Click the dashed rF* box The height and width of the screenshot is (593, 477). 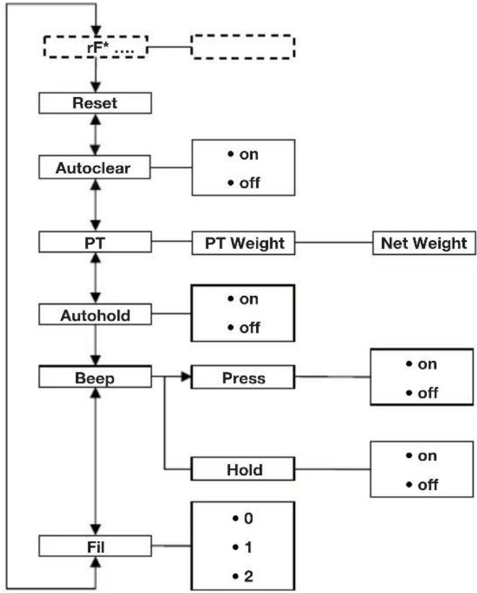point(96,47)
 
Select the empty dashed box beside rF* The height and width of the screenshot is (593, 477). point(242,47)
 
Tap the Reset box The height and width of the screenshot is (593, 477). point(96,103)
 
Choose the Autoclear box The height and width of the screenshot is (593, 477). point(96,168)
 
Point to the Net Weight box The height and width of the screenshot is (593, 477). point(423,243)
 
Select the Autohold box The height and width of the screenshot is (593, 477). point(96,315)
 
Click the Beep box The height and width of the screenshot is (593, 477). point(96,378)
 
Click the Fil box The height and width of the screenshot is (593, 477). point(96,546)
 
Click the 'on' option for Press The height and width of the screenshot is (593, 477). point(421,364)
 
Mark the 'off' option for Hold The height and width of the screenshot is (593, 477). point(421,485)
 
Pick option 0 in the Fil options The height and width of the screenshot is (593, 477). point(242,519)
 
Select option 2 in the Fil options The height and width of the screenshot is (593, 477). point(242,574)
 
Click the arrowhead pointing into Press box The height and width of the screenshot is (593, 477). point(186,378)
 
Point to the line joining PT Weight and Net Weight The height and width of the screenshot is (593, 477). point(333,243)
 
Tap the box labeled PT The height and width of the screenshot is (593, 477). point(96,243)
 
